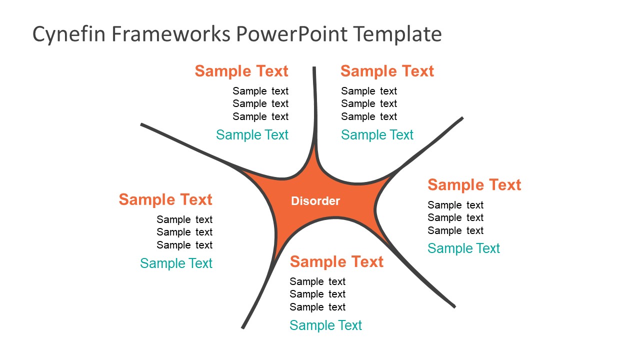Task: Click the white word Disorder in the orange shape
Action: [315, 201]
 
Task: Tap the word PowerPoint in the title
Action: [291, 34]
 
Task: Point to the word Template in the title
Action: [398, 34]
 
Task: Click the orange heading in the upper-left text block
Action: [241, 71]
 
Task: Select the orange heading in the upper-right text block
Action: [387, 71]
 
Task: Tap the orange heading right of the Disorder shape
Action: [474, 185]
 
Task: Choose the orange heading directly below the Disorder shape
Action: [336, 261]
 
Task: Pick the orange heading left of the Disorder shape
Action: [165, 199]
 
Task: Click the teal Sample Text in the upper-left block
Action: [252, 135]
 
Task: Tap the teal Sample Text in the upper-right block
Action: [377, 135]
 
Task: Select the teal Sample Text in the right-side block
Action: [463, 248]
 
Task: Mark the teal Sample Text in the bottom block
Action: [325, 325]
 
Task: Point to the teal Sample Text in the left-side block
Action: [176, 263]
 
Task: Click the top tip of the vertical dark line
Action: [314, 68]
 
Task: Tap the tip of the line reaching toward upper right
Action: [462, 118]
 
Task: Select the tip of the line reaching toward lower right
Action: [454, 306]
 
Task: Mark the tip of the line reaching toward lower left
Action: [243, 327]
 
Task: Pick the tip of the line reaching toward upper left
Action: [142, 124]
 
